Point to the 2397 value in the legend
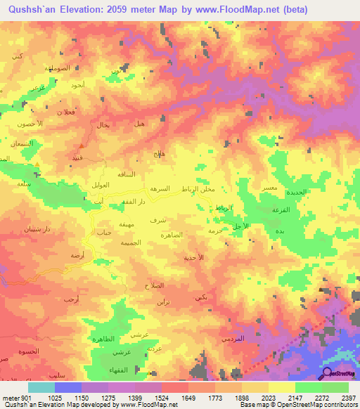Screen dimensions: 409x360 click(x=348, y=398)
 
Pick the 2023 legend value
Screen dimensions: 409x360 click(x=267, y=398)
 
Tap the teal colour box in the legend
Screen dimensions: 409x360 click(x=41, y=387)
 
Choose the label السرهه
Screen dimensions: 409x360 click(x=157, y=190)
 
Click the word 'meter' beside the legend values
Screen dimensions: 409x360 click(x=11, y=398)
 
